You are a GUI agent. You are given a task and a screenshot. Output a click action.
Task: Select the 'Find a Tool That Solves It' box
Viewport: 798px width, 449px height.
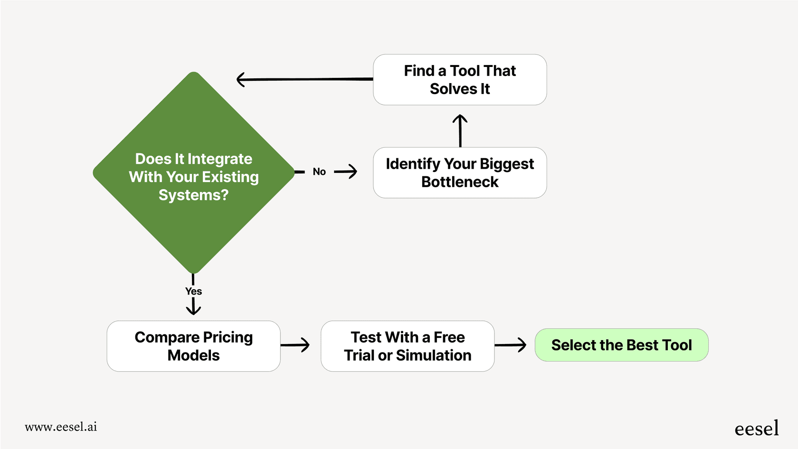(459, 79)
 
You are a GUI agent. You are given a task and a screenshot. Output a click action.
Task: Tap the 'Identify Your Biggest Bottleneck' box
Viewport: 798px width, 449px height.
(459, 172)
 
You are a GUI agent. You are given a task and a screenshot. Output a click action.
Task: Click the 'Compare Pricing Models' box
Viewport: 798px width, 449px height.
(193, 346)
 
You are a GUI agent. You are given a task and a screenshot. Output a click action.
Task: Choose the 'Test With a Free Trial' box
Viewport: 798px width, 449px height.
(407, 346)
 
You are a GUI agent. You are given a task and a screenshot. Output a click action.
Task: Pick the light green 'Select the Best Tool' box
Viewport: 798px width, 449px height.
(621, 345)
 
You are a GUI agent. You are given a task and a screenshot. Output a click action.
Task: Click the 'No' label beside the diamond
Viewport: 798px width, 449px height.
(319, 172)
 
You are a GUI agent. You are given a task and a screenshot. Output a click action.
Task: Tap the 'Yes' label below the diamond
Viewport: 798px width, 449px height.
(193, 291)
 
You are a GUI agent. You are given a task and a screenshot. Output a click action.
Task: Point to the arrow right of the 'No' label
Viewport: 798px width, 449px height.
(346, 172)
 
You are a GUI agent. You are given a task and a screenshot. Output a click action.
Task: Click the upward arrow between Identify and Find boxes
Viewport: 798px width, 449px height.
(460, 130)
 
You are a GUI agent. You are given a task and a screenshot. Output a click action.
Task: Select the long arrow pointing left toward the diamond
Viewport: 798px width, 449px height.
(304, 79)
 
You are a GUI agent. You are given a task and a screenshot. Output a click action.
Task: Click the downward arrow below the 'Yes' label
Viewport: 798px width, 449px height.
(193, 306)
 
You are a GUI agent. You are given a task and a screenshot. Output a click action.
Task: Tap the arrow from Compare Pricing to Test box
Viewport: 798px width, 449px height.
(295, 345)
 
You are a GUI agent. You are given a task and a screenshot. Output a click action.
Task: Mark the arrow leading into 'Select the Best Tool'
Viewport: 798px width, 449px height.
(510, 345)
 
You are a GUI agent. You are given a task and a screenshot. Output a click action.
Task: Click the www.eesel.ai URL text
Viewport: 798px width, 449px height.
(61, 427)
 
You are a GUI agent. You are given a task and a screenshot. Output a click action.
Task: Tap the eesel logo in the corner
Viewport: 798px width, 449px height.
(756, 429)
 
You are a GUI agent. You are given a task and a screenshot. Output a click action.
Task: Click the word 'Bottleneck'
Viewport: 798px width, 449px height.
(459, 182)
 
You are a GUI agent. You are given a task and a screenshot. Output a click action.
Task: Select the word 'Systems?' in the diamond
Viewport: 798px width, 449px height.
(193, 195)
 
